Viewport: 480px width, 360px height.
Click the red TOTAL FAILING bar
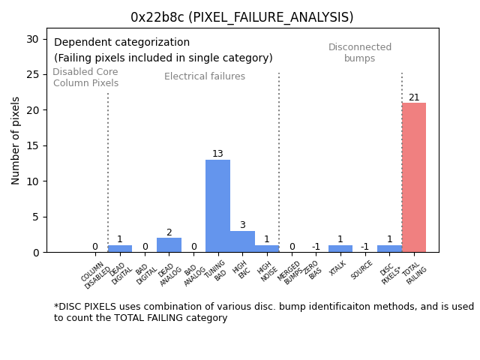(413, 178)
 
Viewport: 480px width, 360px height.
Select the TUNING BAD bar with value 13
(217, 206)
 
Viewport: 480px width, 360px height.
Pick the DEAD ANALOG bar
(169, 245)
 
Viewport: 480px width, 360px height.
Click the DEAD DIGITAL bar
(120, 249)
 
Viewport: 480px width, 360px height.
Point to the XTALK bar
(340, 249)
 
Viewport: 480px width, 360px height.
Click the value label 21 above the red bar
(414, 97)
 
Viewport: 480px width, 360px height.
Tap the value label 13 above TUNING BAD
(217, 154)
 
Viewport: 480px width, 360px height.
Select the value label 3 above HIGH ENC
(242, 225)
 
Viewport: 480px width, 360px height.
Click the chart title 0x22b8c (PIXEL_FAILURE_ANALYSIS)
(241, 17)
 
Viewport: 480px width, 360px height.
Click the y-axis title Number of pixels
(16, 140)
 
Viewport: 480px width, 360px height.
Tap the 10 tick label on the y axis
(33, 181)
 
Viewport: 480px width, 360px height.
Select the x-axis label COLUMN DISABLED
(97, 274)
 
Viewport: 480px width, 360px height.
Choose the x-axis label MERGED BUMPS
(291, 273)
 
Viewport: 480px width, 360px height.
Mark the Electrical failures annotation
(205, 76)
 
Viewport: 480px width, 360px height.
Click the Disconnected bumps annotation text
(360, 53)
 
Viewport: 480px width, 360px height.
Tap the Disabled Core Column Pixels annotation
(85, 78)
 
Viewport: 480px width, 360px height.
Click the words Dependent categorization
(121, 43)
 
